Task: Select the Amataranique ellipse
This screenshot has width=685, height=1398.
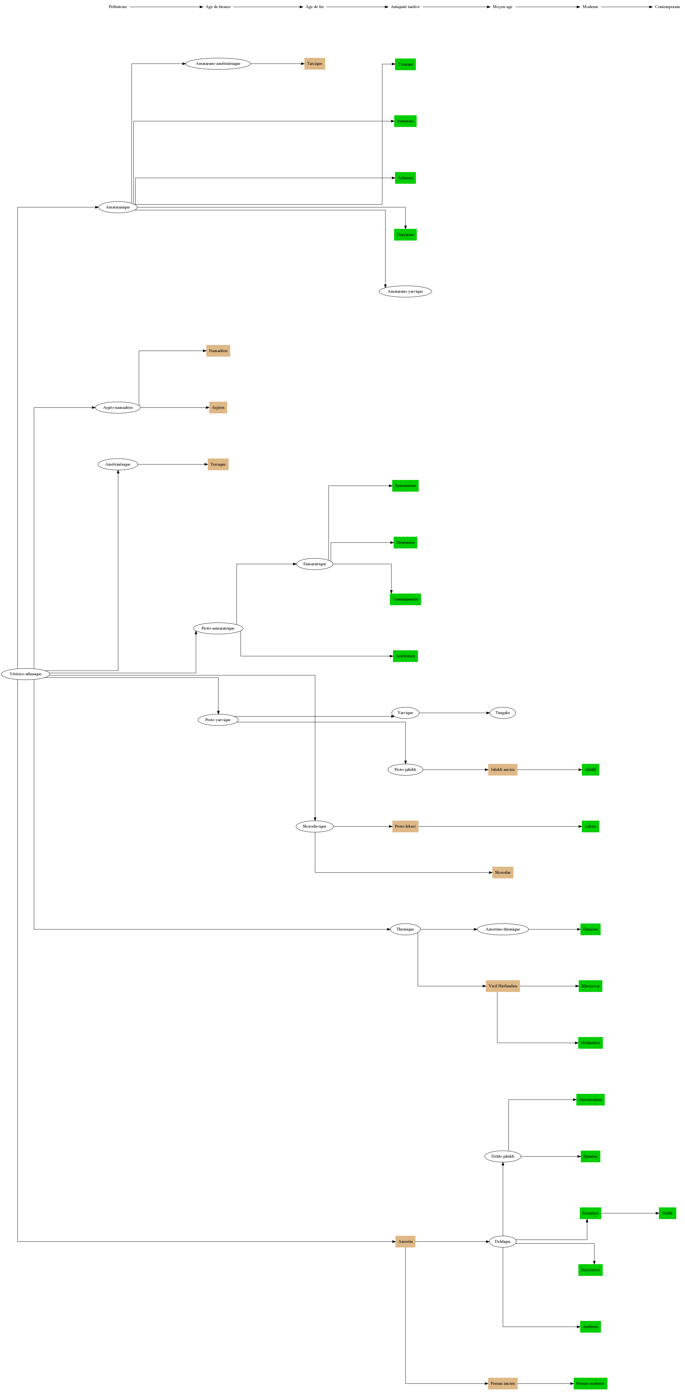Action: pyautogui.click(x=118, y=207)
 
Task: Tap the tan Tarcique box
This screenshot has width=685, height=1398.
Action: pyautogui.click(x=315, y=63)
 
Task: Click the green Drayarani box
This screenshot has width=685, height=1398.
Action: pyautogui.click(x=405, y=234)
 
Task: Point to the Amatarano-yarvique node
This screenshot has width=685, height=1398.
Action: pyautogui.click(x=405, y=291)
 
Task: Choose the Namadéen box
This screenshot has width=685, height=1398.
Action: pyautogui.click(x=218, y=351)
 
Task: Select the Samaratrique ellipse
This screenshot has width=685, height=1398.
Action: pyautogui.click(x=315, y=564)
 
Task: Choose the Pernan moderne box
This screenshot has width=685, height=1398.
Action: pyautogui.click(x=590, y=1383)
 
